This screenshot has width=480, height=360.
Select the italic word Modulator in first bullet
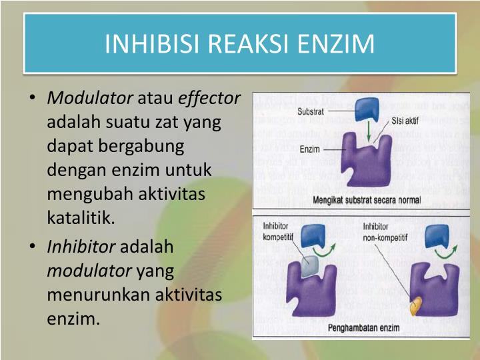pos(90,99)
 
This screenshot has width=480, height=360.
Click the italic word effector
pos(209,99)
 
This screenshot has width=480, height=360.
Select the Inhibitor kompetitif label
pos(278,231)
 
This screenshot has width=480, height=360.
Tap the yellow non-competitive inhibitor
pos(415,304)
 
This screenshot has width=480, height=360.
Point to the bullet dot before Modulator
pos(33,99)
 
